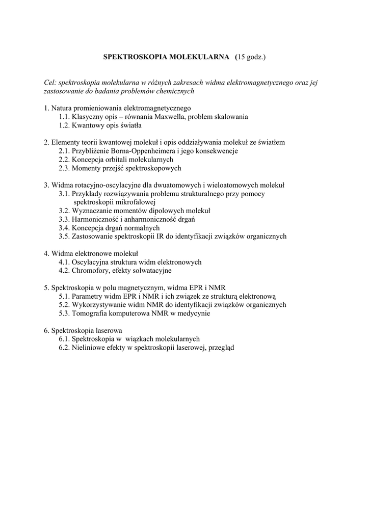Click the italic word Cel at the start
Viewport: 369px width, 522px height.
click(50, 83)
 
